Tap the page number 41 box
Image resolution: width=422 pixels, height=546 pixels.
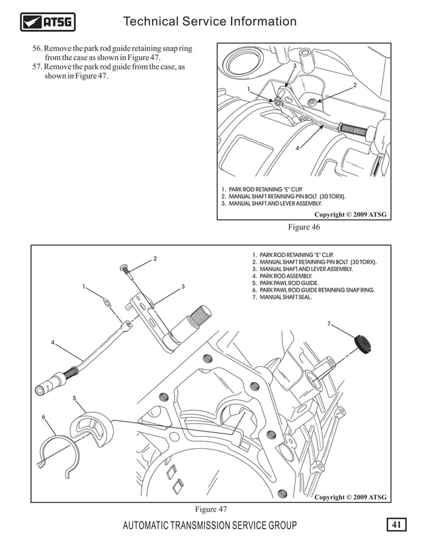(397, 525)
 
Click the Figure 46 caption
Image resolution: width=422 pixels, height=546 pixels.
(304, 227)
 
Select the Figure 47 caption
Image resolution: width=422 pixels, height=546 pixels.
(210, 509)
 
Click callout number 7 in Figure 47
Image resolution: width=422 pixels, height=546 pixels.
(329, 323)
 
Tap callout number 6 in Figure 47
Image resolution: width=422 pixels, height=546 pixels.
(44, 417)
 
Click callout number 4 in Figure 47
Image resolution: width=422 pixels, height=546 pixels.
(53, 342)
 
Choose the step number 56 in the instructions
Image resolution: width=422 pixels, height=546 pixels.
(37, 49)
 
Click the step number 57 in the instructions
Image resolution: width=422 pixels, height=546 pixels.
(37, 67)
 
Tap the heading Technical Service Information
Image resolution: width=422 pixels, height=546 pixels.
(210, 22)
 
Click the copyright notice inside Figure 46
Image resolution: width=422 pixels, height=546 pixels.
(350, 215)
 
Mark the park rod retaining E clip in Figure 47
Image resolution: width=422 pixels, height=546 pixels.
(107, 303)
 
